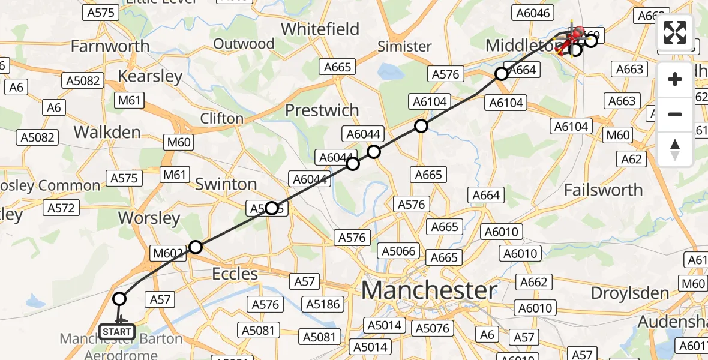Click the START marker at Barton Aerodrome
(117, 331)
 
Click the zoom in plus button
(675, 79)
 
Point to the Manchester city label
(429, 291)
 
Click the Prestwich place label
(322, 110)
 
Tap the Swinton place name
(226, 184)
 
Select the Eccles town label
(235, 274)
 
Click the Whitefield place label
(328, 29)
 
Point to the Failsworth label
(603, 190)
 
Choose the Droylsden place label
(630, 293)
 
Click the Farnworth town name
(110, 46)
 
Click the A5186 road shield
(323, 304)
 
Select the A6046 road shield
(532, 13)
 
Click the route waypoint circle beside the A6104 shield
(421, 126)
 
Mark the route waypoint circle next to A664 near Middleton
(501, 74)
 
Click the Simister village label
(405, 46)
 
